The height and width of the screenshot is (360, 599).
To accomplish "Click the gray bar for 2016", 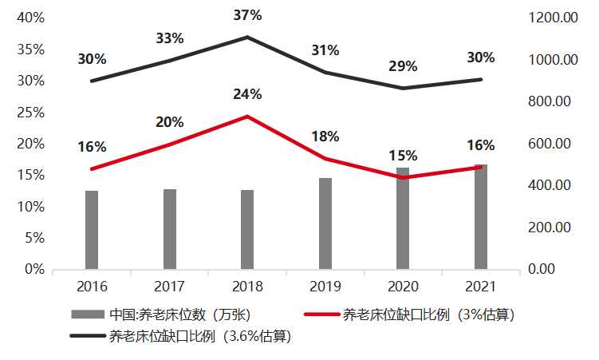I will (x=92, y=230).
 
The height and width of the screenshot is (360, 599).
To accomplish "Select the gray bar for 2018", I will (x=247, y=230).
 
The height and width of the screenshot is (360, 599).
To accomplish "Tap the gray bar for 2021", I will (x=481, y=217).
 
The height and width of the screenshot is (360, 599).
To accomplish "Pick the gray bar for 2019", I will (x=325, y=224).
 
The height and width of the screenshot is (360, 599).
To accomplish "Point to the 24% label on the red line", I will (x=247, y=94).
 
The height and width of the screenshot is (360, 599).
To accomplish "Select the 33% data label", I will (x=170, y=38).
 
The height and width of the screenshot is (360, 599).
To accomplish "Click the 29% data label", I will (x=404, y=66).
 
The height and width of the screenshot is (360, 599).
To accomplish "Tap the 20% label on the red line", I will (x=170, y=122).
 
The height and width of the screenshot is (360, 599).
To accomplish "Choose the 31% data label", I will (x=325, y=50).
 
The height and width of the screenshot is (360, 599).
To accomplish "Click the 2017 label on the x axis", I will (x=170, y=286).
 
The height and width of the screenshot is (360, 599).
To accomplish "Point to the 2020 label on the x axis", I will (x=404, y=286).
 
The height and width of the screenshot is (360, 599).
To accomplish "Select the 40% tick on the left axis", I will (x=30, y=18).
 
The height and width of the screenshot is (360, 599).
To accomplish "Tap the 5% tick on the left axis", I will (x=33, y=238).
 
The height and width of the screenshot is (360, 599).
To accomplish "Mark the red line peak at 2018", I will (x=247, y=117).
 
